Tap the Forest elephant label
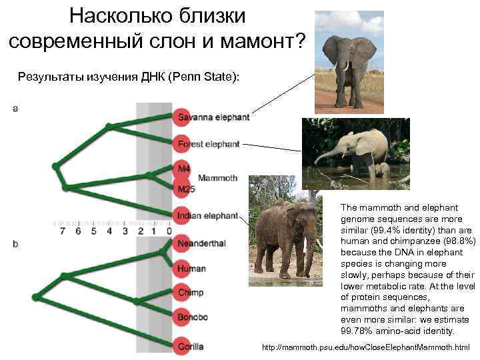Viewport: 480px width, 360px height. [x=208, y=144]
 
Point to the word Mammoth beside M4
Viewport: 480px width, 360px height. [x=218, y=178]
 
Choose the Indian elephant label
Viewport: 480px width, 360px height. [x=207, y=215]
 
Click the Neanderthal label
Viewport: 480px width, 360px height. [x=201, y=243]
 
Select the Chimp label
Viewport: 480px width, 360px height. [x=191, y=293]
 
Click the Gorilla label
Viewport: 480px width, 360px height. [x=191, y=347]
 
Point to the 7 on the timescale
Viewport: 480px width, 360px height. [x=62, y=231]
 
